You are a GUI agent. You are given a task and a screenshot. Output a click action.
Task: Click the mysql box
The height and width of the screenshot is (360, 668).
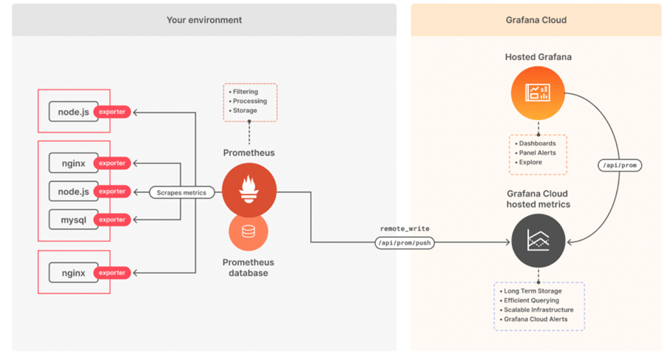click(x=73, y=220)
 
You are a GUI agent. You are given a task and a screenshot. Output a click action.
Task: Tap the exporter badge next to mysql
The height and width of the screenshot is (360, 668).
click(x=112, y=220)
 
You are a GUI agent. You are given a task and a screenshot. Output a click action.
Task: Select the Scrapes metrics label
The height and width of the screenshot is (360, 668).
click(x=181, y=193)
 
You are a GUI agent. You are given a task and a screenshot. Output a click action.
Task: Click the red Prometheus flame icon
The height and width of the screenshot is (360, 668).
click(x=249, y=190)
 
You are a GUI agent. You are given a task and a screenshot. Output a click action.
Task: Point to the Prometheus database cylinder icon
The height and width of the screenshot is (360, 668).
click(x=249, y=232)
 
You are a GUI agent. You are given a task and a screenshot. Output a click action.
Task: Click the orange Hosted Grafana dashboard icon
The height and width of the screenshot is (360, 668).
click(x=538, y=92)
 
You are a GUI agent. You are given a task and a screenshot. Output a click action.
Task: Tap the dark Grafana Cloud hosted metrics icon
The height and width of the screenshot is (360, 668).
click(x=539, y=241)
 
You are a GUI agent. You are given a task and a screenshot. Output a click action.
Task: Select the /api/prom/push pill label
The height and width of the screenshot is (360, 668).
click(x=405, y=243)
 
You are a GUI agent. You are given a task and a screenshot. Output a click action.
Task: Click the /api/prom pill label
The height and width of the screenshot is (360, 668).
click(x=620, y=165)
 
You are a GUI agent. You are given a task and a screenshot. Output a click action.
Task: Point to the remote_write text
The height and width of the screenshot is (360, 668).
click(x=405, y=229)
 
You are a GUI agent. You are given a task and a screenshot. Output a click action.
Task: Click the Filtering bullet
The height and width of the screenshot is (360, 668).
click(x=243, y=92)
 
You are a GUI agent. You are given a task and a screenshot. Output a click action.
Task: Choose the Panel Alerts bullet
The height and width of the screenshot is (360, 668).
click(x=536, y=153)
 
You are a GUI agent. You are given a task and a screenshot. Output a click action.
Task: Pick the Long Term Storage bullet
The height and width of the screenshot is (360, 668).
click(x=531, y=291)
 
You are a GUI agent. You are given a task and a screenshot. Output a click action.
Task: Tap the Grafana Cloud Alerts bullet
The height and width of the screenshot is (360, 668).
click(x=534, y=319)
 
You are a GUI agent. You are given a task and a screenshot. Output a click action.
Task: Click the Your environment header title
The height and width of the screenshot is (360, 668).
click(x=204, y=20)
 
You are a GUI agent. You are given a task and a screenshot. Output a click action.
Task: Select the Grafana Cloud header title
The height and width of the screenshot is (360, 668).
click(x=536, y=20)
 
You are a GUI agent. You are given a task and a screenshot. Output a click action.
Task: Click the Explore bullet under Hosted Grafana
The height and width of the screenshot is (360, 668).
click(x=529, y=162)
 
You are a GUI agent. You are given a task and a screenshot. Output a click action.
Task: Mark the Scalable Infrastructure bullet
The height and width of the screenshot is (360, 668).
click(x=537, y=310)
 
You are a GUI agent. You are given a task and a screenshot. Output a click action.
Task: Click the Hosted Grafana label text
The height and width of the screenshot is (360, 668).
click(x=539, y=57)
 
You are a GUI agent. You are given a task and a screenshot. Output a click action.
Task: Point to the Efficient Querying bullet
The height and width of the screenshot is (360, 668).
click(x=530, y=300)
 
